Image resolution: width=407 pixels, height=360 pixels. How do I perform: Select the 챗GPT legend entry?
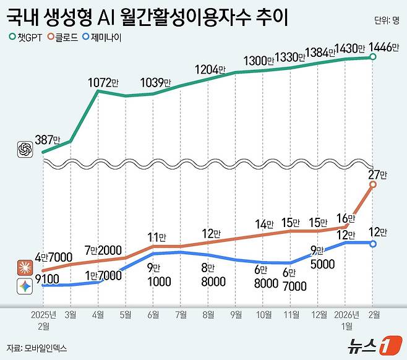(26, 37)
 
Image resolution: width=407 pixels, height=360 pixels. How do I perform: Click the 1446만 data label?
(382, 48)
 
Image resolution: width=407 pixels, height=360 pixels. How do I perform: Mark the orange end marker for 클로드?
(373, 184)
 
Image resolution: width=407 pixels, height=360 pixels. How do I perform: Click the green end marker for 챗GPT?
(373, 57)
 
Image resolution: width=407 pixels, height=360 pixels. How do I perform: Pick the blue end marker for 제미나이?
(373, 244)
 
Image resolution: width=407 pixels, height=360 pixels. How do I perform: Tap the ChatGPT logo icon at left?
(25, 148)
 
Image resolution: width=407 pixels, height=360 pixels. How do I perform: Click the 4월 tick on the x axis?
(98, 314)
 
